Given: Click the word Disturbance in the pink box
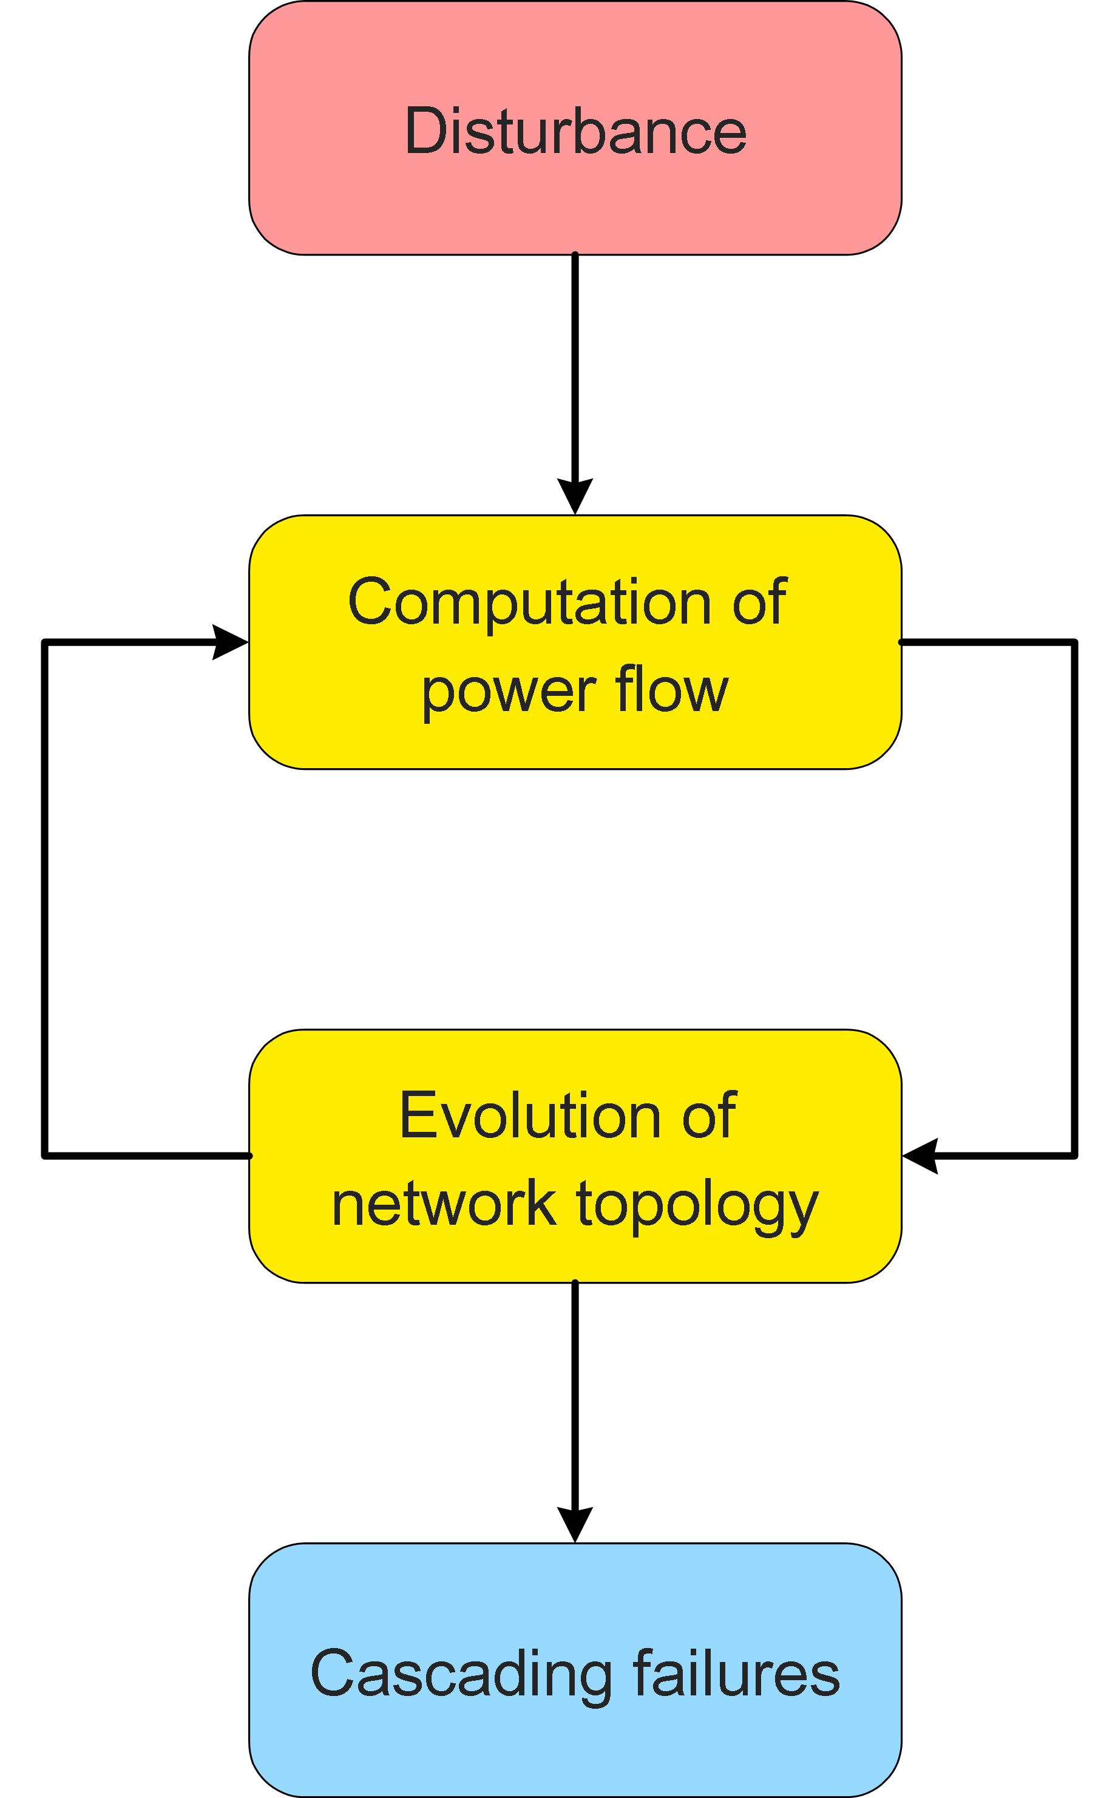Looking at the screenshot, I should pos(575,132).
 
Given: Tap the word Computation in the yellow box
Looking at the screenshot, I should pos(529,603).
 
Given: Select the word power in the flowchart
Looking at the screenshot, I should pos(509,692).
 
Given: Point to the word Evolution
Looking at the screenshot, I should pos(529,1116).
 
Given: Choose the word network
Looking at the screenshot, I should pos(444,1204).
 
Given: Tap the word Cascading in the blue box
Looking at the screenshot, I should pos(461,1674).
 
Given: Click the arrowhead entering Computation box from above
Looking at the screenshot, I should pos(575,495).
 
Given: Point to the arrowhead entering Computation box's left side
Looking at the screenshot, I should pos(229,642).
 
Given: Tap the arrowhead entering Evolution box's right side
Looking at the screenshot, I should pos(921,1156).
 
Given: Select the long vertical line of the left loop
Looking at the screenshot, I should pos(45,899).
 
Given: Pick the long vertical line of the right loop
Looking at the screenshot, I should pos(1074,899).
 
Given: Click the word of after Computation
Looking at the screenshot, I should pos(759,603).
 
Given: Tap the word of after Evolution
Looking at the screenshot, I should pos(708,1116).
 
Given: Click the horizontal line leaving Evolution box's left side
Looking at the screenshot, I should pos(148,1156).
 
